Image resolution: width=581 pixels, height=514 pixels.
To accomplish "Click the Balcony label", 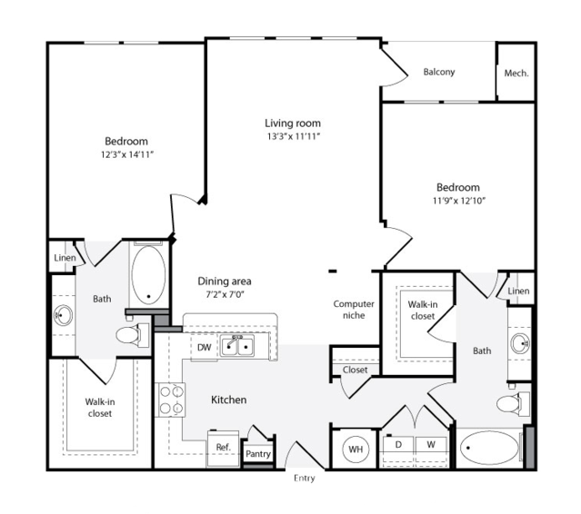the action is (x=439, y=72).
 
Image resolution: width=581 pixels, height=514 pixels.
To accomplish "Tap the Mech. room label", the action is (x=516, y=74).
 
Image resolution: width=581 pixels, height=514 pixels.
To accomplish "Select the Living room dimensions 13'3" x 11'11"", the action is (x=293, y=136).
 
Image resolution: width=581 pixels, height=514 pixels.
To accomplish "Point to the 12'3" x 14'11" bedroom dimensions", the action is (x=126, y=154).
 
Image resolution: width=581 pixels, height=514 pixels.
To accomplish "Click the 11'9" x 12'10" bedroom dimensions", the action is (x=459, y=201).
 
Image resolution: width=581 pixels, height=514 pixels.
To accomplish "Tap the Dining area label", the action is (x=225, y=282).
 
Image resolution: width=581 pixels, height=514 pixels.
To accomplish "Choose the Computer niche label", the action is (x=354, y=310).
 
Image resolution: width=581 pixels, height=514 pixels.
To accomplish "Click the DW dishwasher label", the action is (x=205, y=347).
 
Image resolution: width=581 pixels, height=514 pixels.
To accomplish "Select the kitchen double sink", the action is (x=237, y=346).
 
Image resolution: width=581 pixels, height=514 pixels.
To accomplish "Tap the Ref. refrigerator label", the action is (x=223, y=447).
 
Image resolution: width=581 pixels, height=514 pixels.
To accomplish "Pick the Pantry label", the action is (x=258, y=454).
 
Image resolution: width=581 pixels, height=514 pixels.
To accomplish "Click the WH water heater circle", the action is (x=356, y=450).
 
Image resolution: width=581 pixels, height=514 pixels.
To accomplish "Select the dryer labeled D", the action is (x=398, y=445).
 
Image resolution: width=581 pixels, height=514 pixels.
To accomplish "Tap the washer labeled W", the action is (x=431, y=445).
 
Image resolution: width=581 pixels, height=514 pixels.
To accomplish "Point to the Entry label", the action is (x=305, y=478).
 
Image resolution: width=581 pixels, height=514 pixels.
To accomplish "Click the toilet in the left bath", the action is (x=132, y=335).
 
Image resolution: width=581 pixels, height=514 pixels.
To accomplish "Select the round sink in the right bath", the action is (x=520, y=343).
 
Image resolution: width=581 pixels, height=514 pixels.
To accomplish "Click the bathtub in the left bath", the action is (x=148, y=275).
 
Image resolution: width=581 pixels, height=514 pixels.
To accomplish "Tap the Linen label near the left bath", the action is (x=65, y=258).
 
